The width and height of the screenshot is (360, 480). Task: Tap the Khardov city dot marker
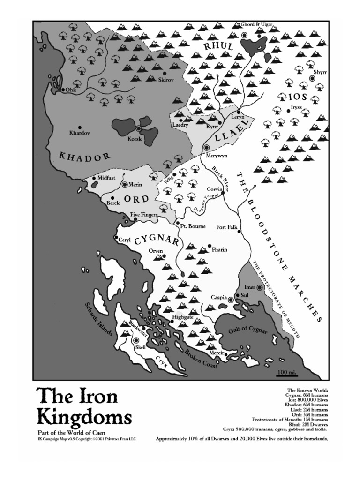pos(80,127)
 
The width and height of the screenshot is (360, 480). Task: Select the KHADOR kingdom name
pos(84,156)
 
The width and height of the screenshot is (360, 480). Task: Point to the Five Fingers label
pos(143,215)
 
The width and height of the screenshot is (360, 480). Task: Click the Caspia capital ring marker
pos(231,298)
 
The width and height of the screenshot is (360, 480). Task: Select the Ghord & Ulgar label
pos(256,24)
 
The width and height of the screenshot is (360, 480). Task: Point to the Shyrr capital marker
pos(313,79)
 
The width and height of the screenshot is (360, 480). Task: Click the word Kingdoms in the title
pos(84,417)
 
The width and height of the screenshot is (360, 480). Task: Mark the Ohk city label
pos(71,90)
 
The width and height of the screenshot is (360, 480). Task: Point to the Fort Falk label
pos(227,228)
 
